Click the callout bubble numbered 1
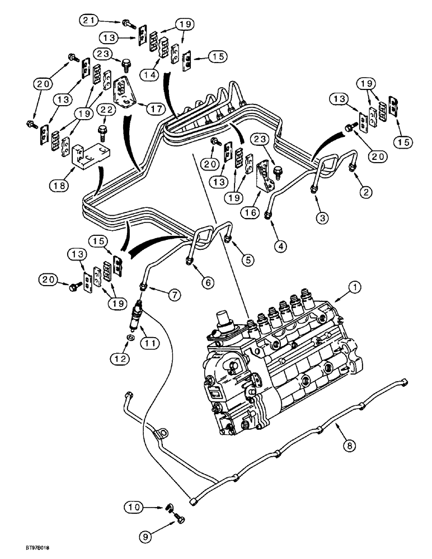coord(354,287)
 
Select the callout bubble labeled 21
coord(86,21)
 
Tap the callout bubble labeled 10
coord(132,507)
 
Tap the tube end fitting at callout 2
coord(351,167)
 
